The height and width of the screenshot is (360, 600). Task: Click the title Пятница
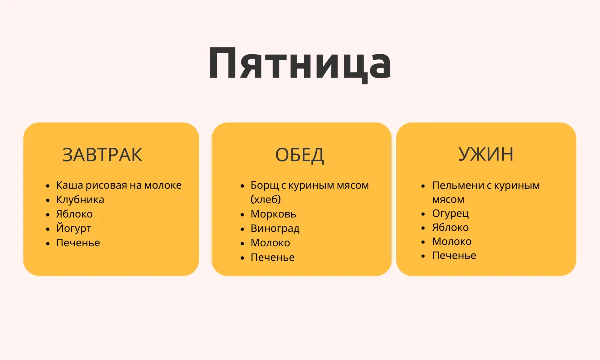click(x=300, y=64)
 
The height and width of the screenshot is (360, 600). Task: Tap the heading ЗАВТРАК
click(x=102, y=155)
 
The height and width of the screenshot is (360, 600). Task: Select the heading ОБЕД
click(x=299, y=155)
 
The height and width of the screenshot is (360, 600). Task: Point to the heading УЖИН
click(x=486, y=154)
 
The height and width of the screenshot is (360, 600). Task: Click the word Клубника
click(x=80, y=200)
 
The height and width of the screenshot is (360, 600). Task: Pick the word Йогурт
click(x=73, y=229)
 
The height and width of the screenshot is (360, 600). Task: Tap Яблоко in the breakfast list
click(x=74, y=214)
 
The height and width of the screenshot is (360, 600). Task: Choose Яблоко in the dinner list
click(x=450, y=227)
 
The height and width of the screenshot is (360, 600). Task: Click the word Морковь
click(x=273, y=214)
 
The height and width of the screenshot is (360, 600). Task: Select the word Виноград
click(x=275, y=229)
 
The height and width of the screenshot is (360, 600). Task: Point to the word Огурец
click(x=450, y=214)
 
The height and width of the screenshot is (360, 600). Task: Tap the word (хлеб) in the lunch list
click(x=266, y=200)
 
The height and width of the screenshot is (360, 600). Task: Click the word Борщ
click(x=265, y=185)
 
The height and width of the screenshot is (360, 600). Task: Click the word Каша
click(x=69, y=185)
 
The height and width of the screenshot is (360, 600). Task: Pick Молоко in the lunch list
click(x=270, y=243)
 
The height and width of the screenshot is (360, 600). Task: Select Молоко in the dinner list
click(x=452, y=242)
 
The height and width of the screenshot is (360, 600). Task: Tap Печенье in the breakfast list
click(x=78, y=243)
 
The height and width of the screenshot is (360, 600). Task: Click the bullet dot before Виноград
click(x=242, y=230)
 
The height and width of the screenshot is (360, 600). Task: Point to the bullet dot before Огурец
click(x=423, y=214)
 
